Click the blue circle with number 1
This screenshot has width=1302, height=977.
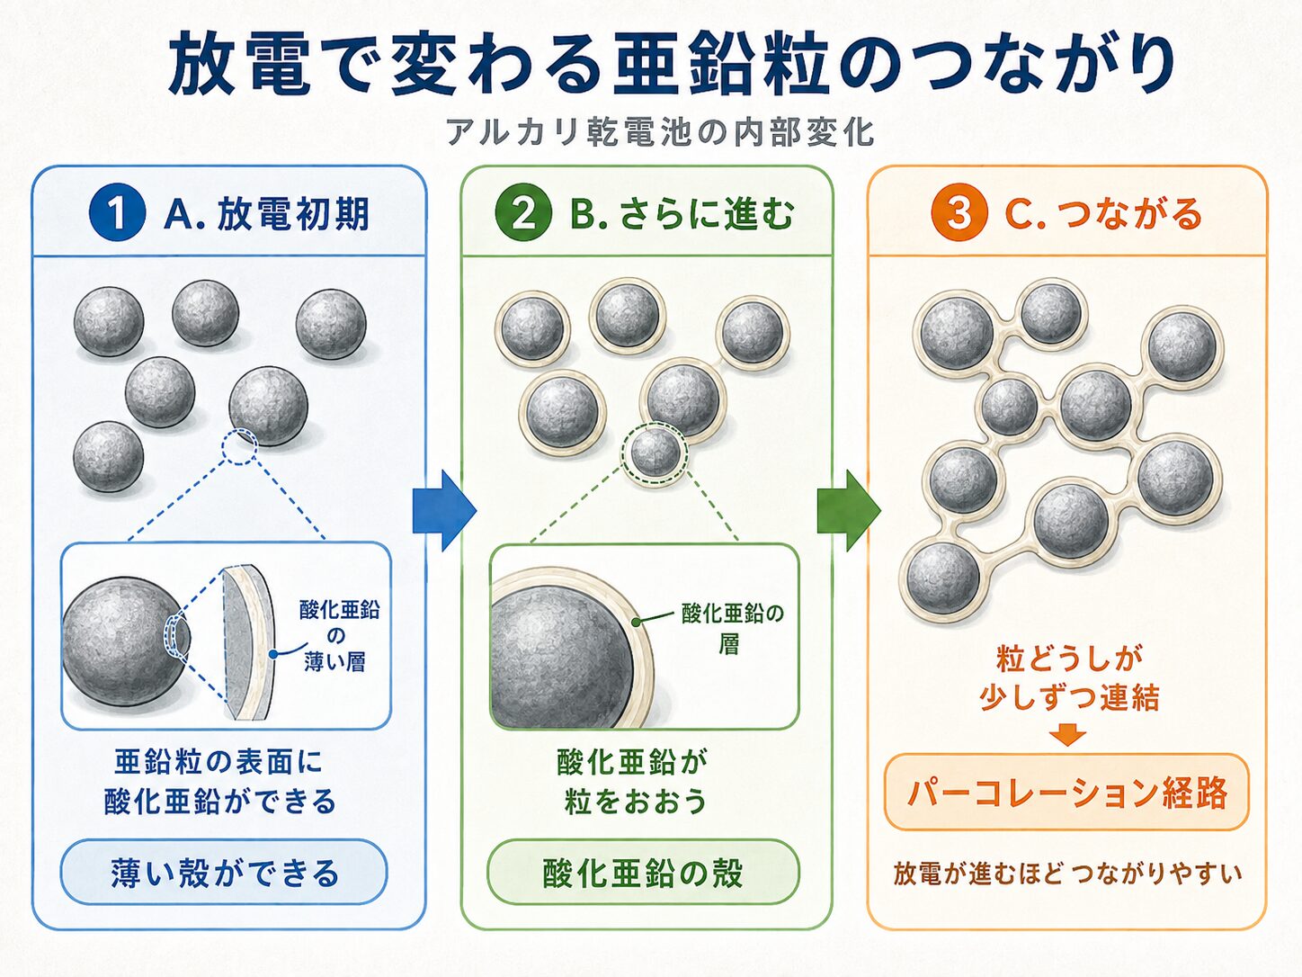[117, 211]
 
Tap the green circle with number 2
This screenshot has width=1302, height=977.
[523, 211]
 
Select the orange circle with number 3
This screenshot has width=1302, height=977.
[959, 211]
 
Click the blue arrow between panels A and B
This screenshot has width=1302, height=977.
[444, 510]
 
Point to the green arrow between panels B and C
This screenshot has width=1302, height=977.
[849, 510]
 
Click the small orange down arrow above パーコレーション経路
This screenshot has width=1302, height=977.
[1066, 736]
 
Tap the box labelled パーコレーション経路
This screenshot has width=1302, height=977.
[1066, 792]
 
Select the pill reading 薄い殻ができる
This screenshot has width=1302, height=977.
[224, 872]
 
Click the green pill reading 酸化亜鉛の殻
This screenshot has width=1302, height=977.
[643, 872]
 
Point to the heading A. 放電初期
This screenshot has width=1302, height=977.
[266, 213]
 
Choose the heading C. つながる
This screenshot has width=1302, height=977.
[1103, 213]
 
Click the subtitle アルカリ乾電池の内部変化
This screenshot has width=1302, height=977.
[660, 132]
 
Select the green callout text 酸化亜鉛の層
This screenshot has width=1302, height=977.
[732, 628]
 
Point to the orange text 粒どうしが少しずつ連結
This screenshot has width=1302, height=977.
[1068, 678]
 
